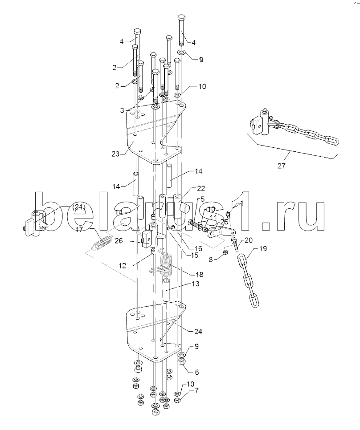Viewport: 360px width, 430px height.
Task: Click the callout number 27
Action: point(282,166)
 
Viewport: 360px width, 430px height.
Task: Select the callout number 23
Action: point(115,154)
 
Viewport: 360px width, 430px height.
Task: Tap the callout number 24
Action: point(198,332)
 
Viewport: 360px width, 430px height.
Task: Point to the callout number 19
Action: point(262,249)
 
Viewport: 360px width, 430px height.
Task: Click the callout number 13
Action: point(196,284)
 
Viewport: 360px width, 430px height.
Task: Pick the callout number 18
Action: point(200,275)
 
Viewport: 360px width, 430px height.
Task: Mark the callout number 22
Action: point(201,188)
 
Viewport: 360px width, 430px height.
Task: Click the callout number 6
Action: point(196,373)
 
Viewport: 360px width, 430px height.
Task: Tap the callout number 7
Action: point(196,390)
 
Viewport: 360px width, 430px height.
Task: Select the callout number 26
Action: point(119,241)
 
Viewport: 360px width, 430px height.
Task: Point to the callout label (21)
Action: point(79,207)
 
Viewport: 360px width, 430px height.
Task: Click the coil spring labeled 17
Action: point(102,243)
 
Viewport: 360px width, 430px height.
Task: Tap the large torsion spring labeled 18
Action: point(167,265)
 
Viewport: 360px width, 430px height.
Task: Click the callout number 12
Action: point(123,265)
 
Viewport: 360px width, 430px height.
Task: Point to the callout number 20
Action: point(249,240)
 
